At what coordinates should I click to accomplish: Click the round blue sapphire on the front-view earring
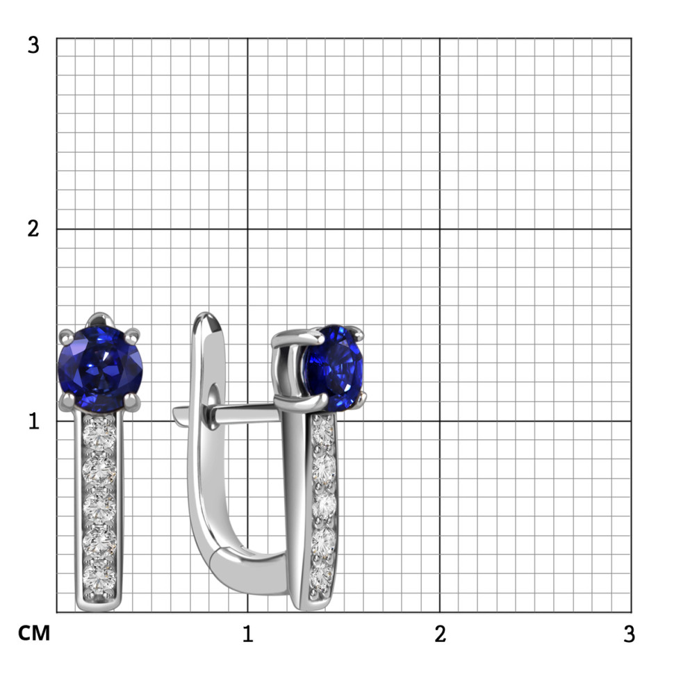click(100, 369)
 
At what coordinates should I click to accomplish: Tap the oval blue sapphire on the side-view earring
click(334, 368)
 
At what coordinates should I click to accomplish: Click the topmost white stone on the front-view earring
click(99, 432)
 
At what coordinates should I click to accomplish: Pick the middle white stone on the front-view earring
click(99, 506)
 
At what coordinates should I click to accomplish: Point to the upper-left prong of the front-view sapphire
click(66, 336)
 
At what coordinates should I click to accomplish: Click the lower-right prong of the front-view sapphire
click(132, 401)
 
